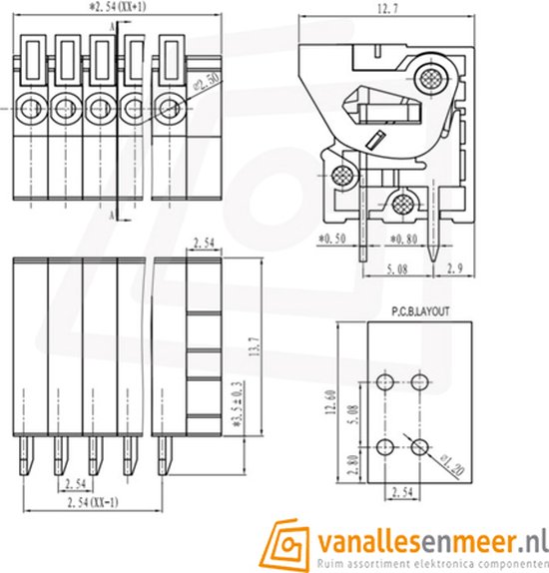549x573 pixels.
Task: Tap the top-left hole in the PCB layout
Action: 386,381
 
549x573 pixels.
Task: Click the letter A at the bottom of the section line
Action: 113,214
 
